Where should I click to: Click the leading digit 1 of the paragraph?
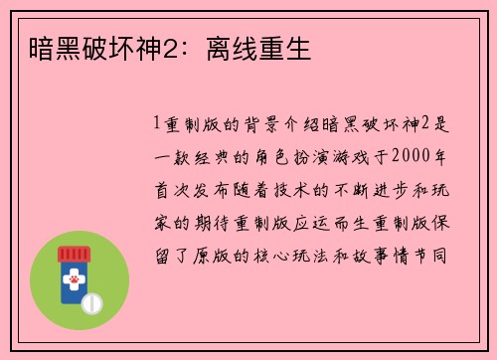pyautogui.click(x=156, y=126)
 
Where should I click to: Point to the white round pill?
pyautogui.click(x=94, y=301)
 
